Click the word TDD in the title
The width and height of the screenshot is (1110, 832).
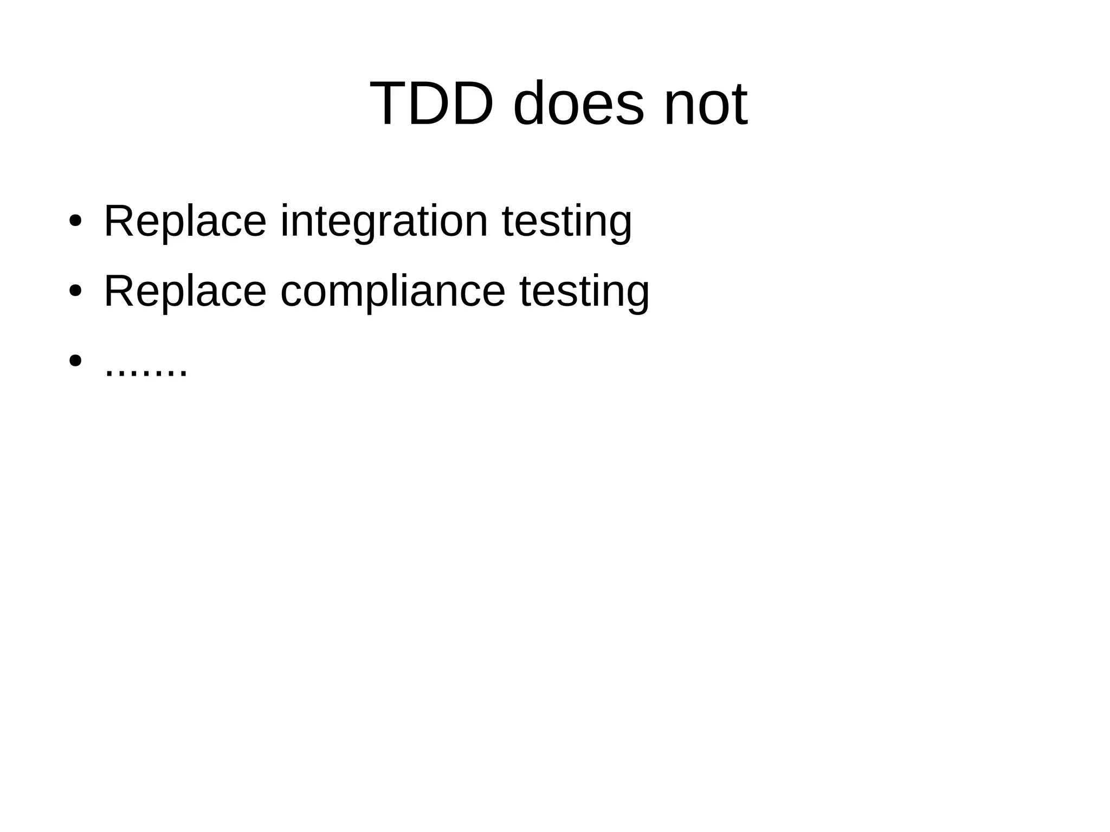[x=431, y=104]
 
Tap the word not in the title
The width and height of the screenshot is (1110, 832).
[x=706, y=104]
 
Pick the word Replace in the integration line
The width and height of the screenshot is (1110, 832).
[x=185, y=221]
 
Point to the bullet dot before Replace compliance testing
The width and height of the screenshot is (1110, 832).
[x=75, y=291]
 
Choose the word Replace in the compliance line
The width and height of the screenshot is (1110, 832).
[x=185, y=291]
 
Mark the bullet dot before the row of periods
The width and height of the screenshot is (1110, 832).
[x=75, y=360]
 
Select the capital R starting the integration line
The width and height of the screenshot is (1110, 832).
[x=117, y=221]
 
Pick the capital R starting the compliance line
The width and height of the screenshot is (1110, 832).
[x=117, y=291]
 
